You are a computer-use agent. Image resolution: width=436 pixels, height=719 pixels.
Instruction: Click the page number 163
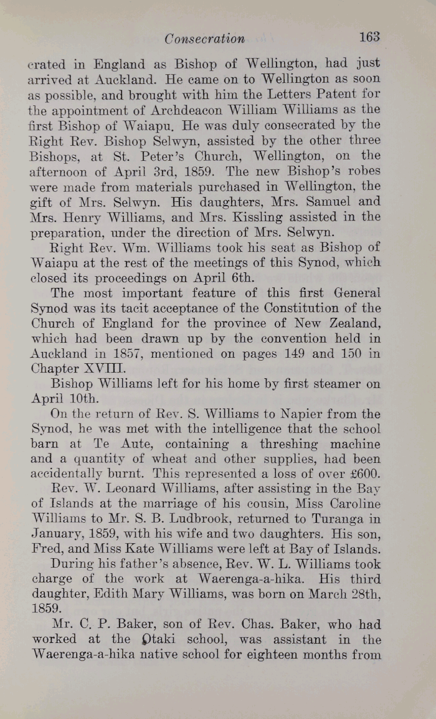click(x=369, y=37)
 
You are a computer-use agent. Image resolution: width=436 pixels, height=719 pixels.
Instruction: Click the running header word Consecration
click(x=205, y=39)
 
